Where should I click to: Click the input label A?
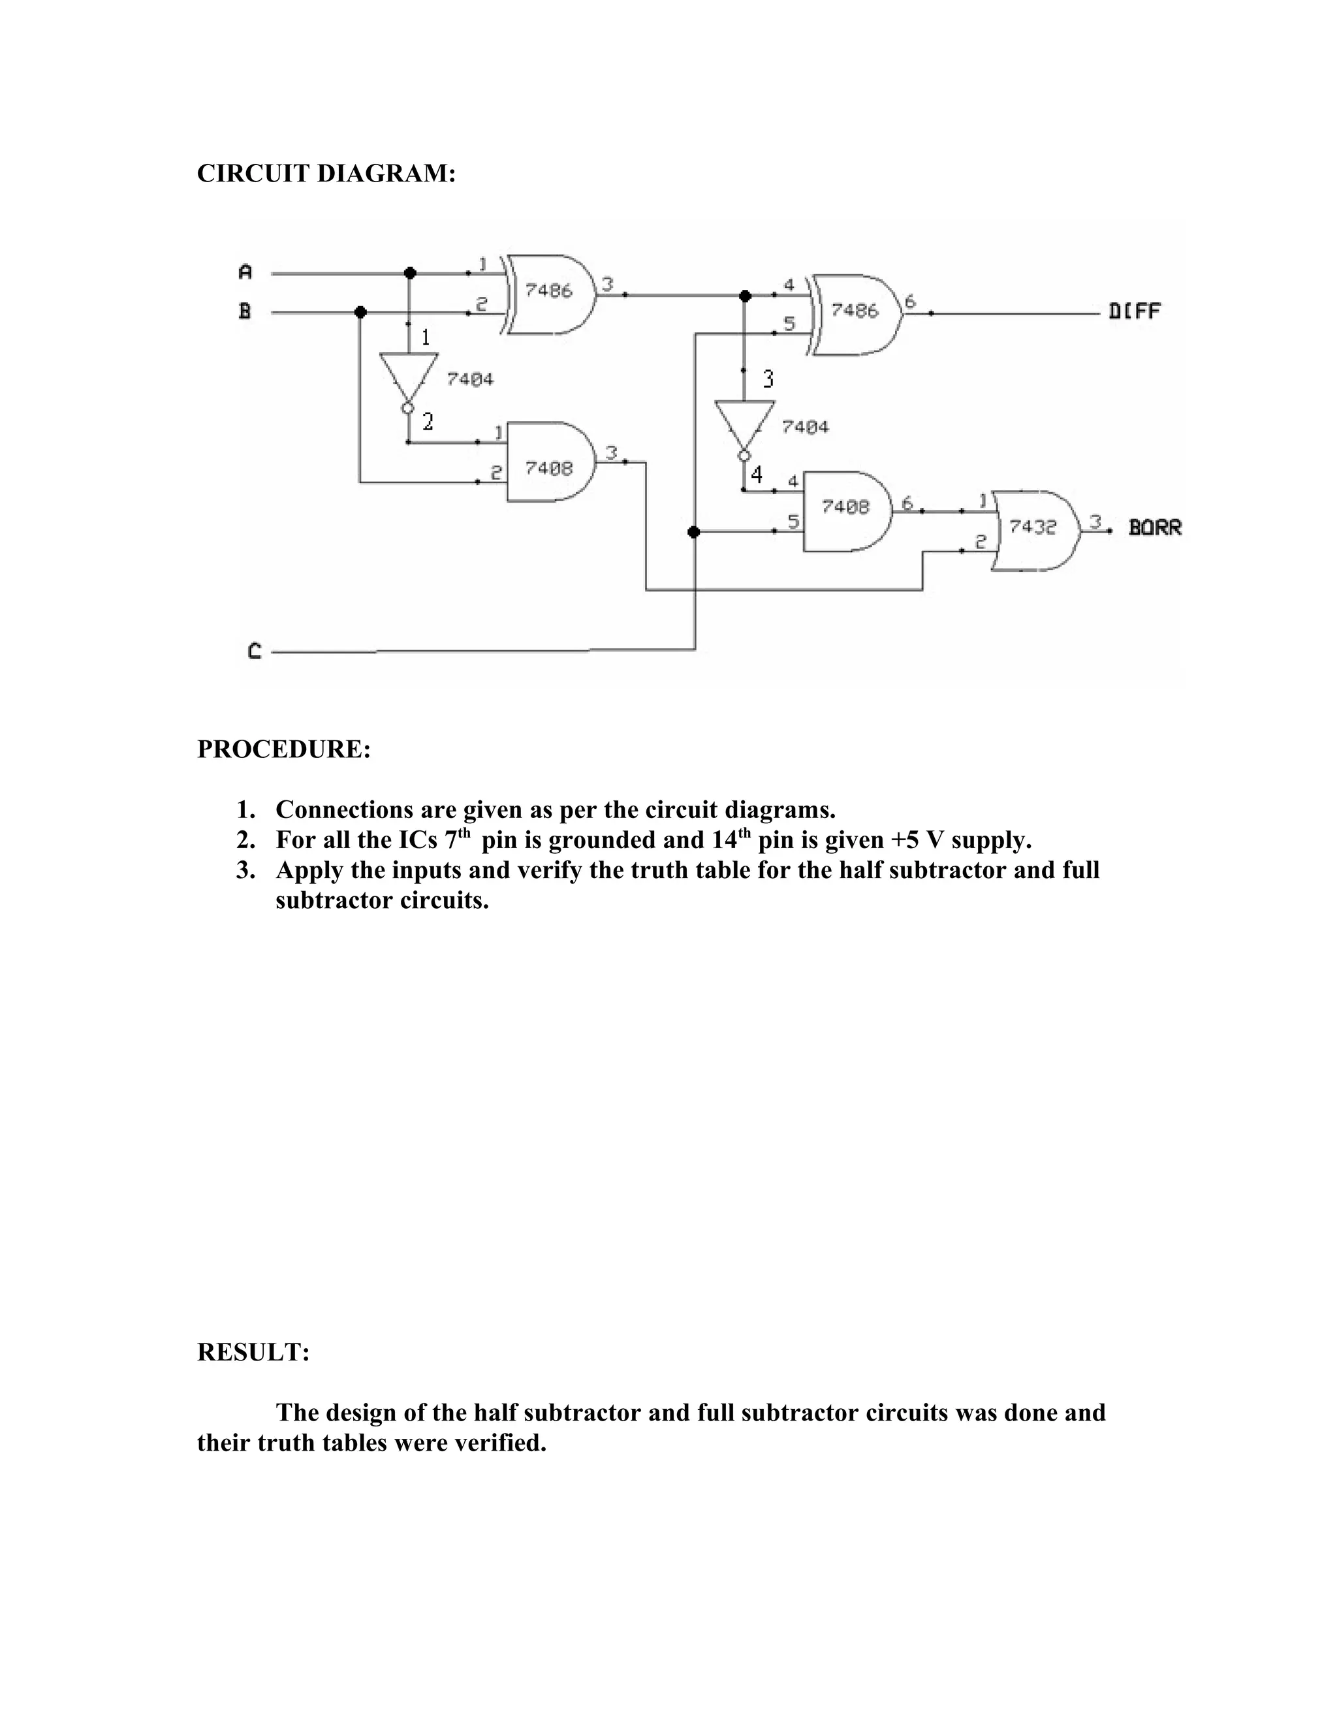pyautogui.click(x=245, y=272)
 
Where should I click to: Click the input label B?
pyautogui.click(x=245, y=311)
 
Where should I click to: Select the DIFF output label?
pyautogui.click(x=1134, y=311)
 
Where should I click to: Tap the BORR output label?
pyautogui.click(x=1155, y=527)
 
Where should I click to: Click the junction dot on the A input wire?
pyautogui.click(x=409, y=274)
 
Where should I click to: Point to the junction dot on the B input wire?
pyautogui.click(x=360, y=312)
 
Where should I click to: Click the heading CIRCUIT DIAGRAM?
pyautogui.click(x=326, y=174)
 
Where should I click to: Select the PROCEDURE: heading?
pyautogui.click(x=283, y=749)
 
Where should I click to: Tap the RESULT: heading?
pyautogui.click(x=253, y=1352)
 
